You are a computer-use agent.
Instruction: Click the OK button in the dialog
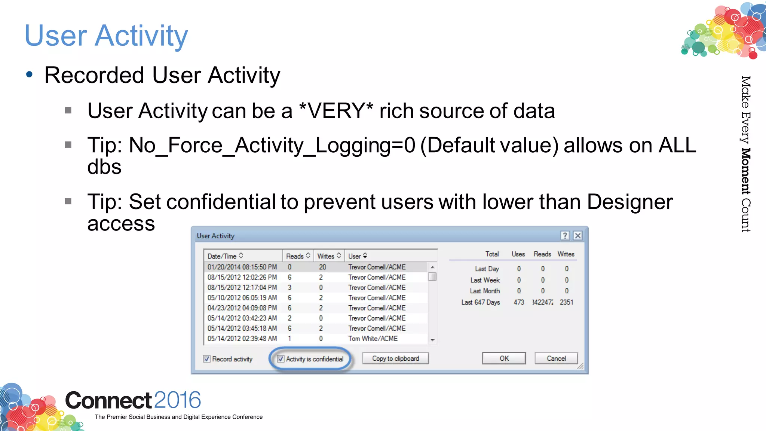pyautogui.click(x=503, y=358)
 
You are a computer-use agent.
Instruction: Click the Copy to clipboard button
pyautogui.click(x=395, y=358)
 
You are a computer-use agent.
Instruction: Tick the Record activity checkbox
pyautogui.click(x=207, y=359)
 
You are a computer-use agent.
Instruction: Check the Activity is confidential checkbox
pyautogui.click(x=281, y=359)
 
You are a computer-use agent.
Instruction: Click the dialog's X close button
pyautogui.click(x=577, y=235)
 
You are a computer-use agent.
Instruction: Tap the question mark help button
pyautogui.click(x=565, y=235)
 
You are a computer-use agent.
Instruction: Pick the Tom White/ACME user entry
pyautogui.click(x=373, y=339)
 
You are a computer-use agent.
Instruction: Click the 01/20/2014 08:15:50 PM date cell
pyautogui.click(x=242, y=267)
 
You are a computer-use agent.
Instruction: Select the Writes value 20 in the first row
pyautogui.click(x=322, y=267)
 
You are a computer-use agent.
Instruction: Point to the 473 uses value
pyautogui.click(x=519, y=302)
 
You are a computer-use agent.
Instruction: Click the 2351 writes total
pyautogui.click(x=566, y=302)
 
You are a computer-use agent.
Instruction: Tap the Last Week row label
pyautogui.click(x=485, y=280)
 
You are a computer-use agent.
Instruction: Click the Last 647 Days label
pyautogui.click(x=480, y=302)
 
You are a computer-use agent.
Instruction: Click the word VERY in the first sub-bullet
pyautogui.click(x=336, y=111)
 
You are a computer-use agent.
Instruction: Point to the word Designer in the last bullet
pyautogui.click(x=630, y=202)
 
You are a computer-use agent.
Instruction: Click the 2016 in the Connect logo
pyautogui.click(x=177, y=400)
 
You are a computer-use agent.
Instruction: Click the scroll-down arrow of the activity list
pyautogui.click(x=432, y=340)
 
